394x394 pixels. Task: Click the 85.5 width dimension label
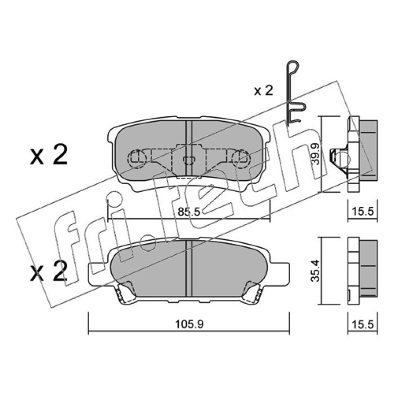point(189,212)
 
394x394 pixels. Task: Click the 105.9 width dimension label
point(189,325)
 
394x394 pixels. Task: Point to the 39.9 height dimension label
point(316,154)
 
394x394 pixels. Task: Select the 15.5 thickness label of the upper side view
point(362,212)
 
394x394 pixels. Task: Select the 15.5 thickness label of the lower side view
point(362,325)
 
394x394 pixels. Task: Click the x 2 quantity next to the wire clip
point(263,91)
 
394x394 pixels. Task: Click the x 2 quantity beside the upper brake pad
point(49,155)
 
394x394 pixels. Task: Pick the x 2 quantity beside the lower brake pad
point(49,272)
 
